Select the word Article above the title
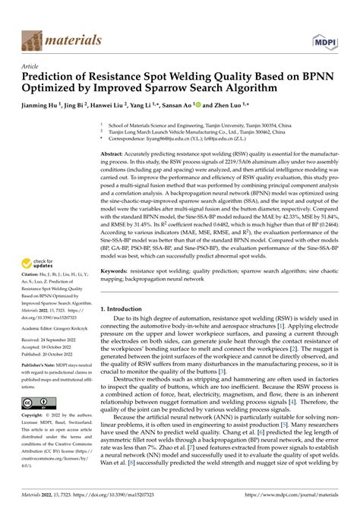click(33, 68)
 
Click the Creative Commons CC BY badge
click(38, 402)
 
